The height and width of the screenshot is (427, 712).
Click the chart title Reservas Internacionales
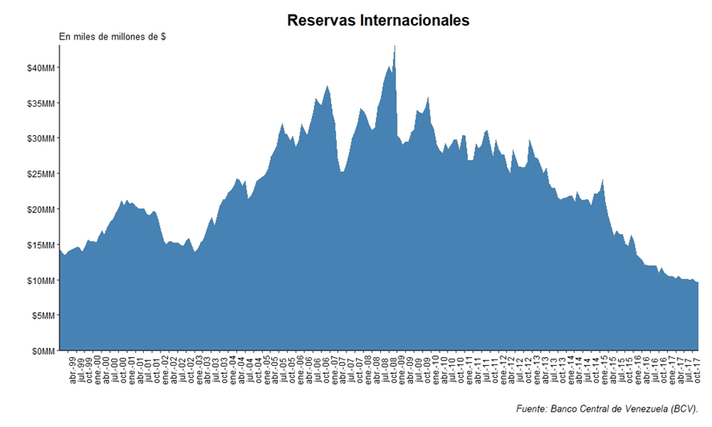click(x=378, y=21)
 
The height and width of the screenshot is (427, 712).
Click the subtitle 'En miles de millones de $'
click(x=113, y=37)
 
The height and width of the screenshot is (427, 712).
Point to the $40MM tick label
click(x=40, y=68)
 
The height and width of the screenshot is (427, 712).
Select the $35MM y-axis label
click(x=40, y=103)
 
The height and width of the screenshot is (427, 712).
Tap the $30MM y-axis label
click(x=40, y=138)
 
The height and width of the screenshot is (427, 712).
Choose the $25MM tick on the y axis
click(x=40, y=174)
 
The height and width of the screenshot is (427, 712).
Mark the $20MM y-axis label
click(x=40, y=209)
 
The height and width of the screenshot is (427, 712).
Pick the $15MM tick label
click(x=40, y=244)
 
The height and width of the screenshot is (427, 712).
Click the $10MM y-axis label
click(x=40, y=280)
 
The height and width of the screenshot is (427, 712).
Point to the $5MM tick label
click(x=43, y=315)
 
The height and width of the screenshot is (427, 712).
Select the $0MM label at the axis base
click(x=43, y=351)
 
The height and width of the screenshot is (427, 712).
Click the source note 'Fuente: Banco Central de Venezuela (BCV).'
click(x=607, y=409)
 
